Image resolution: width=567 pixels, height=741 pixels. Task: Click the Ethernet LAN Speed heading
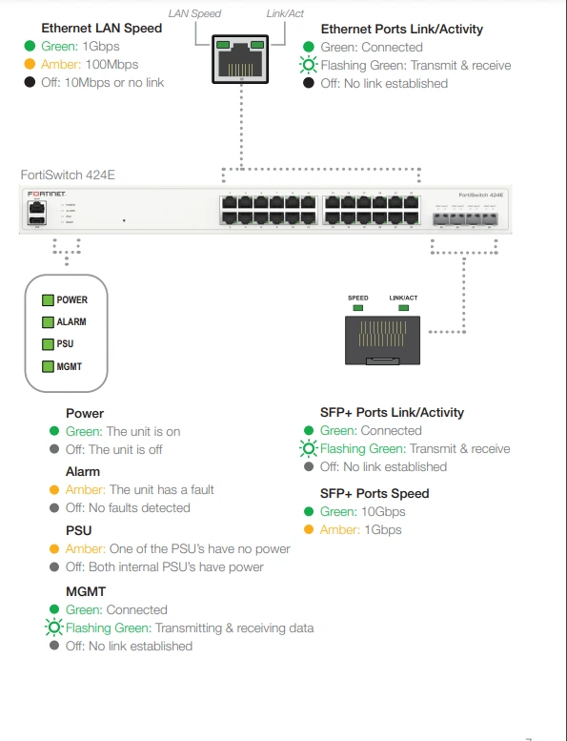(102, 29)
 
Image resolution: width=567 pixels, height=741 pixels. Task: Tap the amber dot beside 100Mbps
(30, 65)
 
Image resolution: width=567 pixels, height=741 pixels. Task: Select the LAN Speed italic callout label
(194, 14)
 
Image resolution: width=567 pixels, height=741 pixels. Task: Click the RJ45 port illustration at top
(240, 60)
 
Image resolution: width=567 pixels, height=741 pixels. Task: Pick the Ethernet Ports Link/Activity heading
(401, 30)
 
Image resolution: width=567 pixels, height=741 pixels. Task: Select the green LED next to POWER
(47, 300)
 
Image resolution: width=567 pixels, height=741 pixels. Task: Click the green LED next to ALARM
(47, 322)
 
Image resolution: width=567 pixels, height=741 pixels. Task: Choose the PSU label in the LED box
(66, 344)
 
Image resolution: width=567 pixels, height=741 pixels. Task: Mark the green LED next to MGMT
(47, 366)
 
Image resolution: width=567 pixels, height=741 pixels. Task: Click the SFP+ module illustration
(381, 340)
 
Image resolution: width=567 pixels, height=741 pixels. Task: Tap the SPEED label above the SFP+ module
(358, 298)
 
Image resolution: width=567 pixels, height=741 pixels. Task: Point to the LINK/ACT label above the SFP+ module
(404, 298)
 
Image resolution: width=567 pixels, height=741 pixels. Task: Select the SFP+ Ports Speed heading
(375, 494)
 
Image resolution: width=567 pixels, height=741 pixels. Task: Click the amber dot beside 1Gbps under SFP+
(307, 530)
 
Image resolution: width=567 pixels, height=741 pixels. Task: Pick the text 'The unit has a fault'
(162, 490)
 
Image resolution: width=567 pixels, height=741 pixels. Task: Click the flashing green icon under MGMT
(53, 628)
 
